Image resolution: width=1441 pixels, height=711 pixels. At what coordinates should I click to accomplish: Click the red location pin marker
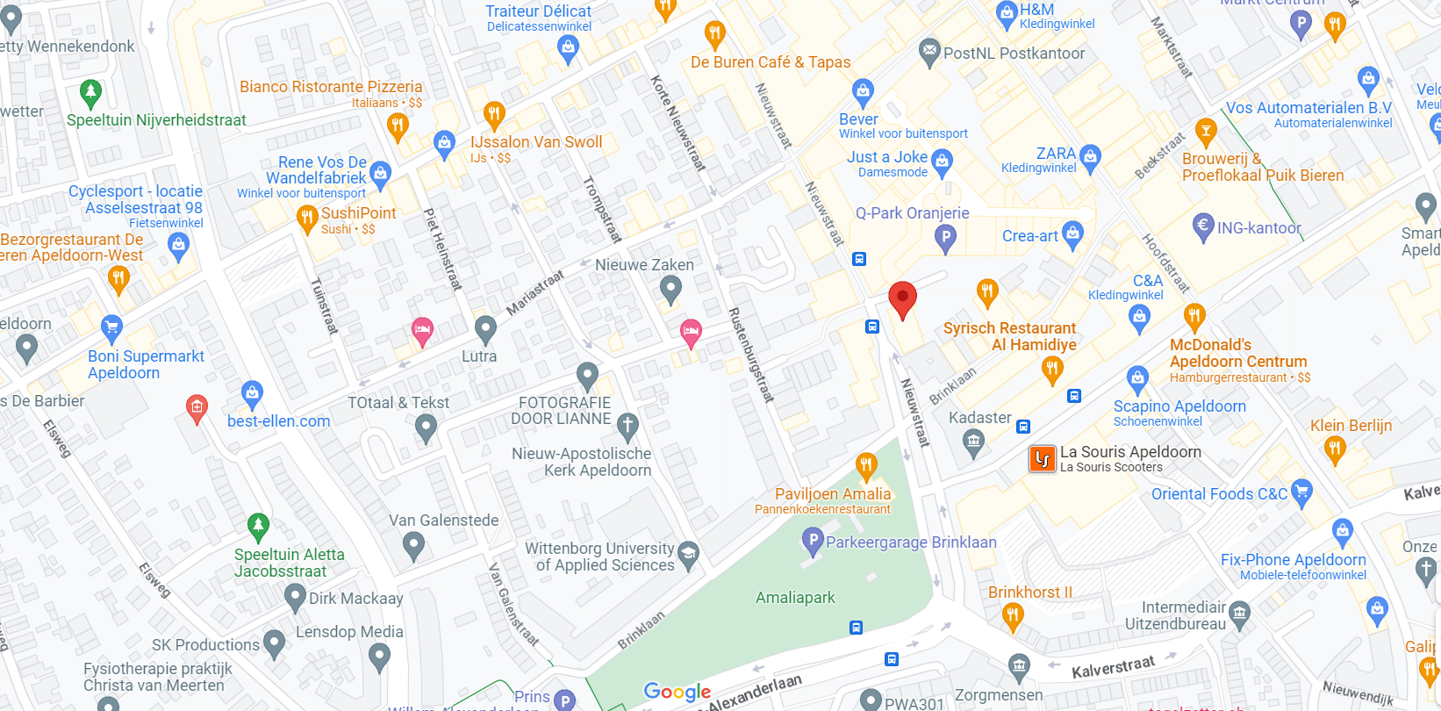pos(902,298)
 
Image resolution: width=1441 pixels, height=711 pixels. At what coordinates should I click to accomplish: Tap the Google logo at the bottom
pos(677,692)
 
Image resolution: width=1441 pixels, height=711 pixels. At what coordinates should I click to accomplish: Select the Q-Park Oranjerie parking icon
pos(945,237)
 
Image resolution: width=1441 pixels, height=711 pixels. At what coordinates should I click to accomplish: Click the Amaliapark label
pos(795,598)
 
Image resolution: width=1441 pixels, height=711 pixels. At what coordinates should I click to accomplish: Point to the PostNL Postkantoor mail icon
pos(929,53)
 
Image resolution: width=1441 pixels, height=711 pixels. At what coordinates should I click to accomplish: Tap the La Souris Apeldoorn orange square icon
pos(1042,459)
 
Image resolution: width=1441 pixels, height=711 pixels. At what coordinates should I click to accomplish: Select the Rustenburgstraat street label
pos(750,355)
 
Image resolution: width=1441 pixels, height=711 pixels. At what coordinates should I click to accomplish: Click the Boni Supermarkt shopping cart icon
pos(111,328)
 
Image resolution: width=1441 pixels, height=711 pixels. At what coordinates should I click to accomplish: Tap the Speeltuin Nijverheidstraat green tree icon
pos(90,91)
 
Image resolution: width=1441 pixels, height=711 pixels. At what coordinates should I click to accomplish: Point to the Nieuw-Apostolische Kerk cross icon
pos(627,427)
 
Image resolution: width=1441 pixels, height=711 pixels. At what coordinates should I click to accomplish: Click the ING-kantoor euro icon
pos(1203,226)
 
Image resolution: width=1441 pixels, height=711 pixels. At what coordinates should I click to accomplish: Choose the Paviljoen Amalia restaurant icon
pos(866,464)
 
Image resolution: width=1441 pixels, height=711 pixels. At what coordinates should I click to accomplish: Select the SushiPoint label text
pos(358,213)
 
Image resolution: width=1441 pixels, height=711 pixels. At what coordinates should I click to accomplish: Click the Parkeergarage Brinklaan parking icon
pos(813,541)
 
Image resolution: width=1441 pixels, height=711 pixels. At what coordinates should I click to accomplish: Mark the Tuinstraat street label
pos(324,305)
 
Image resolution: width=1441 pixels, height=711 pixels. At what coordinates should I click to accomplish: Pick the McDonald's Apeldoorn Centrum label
pos(1237,353)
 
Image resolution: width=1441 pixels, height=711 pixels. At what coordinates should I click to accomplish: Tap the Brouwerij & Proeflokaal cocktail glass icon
pos(1206,132)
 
